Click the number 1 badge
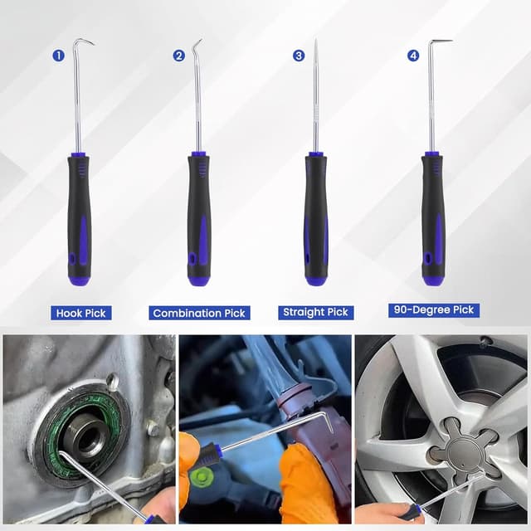click(x=58, y=56)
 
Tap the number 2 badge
click(x=179, y=56)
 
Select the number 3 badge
click(x=299, y=56)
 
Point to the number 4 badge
click(x=413, y=56)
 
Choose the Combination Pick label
click(x=199, y=313)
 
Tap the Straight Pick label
click(x=315, y=313)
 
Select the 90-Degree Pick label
click(x=434, y=310)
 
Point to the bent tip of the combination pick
click(x=197, y=44)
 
